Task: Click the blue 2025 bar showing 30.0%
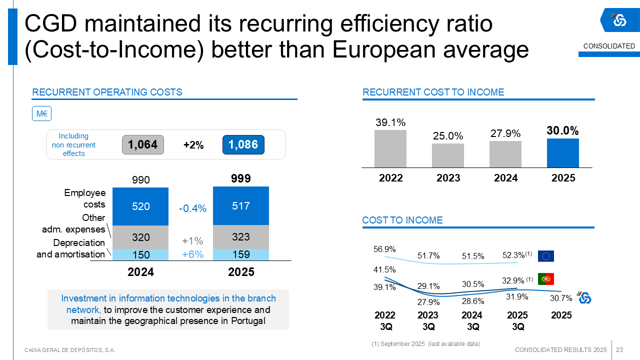click(562, 153)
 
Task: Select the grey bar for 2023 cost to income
click(448, 155)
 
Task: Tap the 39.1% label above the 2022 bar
click(390, 122)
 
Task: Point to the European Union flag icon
click(546, 256)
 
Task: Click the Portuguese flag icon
click(546, 279)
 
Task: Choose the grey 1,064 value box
click(143, 145)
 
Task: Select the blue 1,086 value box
click(243, 145)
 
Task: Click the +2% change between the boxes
click(193, 145)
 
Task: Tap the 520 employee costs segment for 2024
click(140, 206)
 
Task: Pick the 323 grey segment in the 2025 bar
click(241, 236)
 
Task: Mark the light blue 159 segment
click(241, 254)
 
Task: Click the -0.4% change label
click(192, 209)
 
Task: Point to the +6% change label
click(192, 254)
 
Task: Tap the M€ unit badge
click(42, 114)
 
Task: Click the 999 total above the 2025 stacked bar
click(241, 179)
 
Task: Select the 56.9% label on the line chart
click(384, 249)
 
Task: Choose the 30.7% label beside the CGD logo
click(561, 298)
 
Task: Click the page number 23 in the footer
click(619, 349)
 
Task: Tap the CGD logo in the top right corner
click(619, 20)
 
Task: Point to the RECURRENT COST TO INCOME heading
click(433, 92)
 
